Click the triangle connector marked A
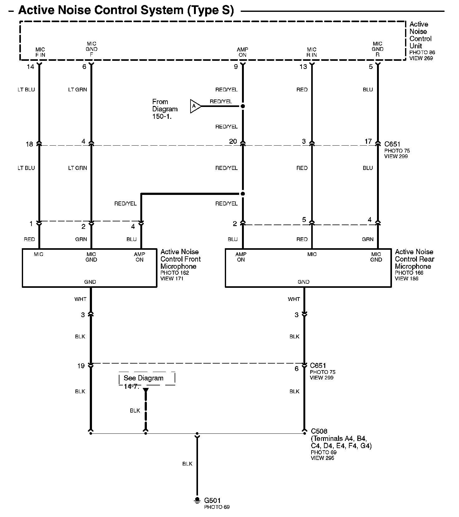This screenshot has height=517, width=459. pos(195,106)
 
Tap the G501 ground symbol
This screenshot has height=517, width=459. pos(197,500)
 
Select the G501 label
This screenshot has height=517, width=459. pos(212,500)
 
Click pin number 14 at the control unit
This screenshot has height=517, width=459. pos(30,67)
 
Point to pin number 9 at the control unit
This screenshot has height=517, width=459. pos(236,67)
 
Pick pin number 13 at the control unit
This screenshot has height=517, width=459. pos(303,67)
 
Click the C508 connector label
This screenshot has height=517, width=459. pos(319,431)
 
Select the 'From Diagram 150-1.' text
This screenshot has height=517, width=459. pos(165,109)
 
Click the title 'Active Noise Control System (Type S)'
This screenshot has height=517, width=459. pos(126,10)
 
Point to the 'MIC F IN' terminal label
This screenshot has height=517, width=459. pos(40,52)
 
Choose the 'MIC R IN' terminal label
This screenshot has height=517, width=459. pos(312,52)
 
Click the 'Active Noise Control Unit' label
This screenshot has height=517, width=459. pos(420,35)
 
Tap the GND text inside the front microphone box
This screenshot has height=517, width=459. pos(90,282)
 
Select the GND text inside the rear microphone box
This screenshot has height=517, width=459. pos(303,282)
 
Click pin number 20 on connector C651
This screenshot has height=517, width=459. pos(233,142)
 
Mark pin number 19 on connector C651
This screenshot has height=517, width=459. pos(81,366)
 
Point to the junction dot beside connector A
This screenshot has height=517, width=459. pos(243,106)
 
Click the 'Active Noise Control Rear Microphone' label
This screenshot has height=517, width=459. pos(414,259)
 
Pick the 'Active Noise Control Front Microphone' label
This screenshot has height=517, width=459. pos(180,259)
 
